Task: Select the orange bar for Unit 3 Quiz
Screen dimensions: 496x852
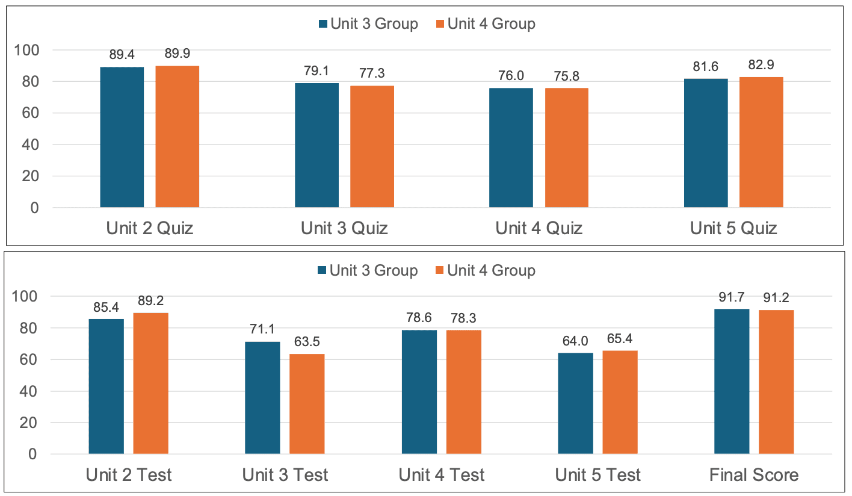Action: [372, 147]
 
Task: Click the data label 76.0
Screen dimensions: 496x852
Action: [511, 76]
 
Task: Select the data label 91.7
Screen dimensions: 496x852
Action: [732, 297]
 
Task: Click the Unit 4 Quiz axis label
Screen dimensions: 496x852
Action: [539, 229]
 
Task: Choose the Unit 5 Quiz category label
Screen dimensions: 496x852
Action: [733, 229]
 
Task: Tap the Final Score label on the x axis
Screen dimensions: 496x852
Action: [754, 475]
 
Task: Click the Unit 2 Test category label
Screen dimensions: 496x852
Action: [129, 475]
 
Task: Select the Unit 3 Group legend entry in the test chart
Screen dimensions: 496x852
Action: [367, 270]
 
